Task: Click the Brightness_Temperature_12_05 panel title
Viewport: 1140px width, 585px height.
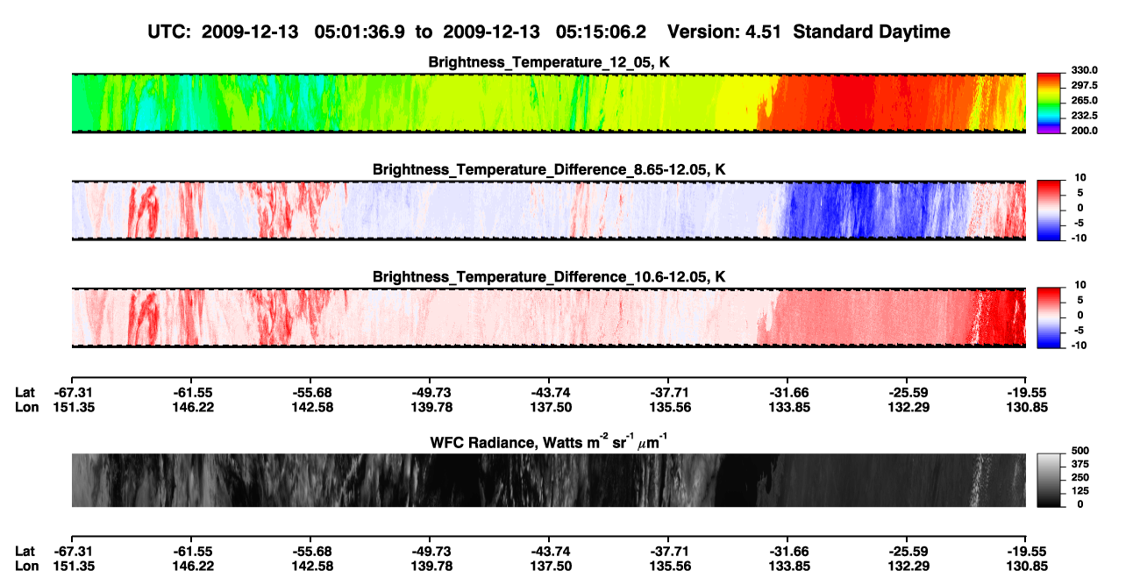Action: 549,62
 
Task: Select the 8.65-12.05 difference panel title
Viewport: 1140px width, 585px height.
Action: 549,169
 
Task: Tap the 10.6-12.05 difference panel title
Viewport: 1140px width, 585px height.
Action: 549,277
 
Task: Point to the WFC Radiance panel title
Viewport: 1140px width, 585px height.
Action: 549,442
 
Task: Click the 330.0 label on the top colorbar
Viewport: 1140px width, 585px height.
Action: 1084,70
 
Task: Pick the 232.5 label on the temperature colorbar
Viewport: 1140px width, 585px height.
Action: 1084,116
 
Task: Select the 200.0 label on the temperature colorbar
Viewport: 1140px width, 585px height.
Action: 1084,131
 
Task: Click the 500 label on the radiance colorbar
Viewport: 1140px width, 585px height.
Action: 1080,451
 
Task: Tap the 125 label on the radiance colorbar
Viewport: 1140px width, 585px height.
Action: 1080,491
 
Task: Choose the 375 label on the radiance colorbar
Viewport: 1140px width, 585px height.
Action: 1080,464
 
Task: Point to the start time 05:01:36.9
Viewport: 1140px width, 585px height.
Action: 360,32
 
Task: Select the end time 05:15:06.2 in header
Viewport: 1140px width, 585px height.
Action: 601,32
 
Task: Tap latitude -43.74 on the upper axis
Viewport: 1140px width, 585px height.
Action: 551,393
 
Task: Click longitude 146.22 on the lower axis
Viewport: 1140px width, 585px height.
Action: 193,567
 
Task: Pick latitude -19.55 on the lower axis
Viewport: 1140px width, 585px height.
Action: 1027,552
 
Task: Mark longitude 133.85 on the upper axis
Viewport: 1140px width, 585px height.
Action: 789,407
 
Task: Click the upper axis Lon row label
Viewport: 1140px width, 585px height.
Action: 26,407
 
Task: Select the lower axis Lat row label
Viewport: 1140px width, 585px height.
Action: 25,552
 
